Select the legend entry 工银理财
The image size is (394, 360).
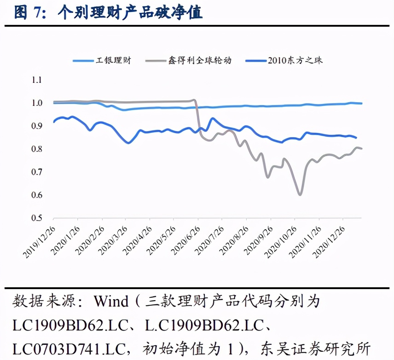click(x=113, y=60)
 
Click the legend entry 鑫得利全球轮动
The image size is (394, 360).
click(x=199, y=60)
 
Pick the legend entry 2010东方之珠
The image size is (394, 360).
click(x=295, y=60)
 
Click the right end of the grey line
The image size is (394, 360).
click(x=361, y=148)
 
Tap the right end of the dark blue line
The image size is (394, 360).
click(x=356, y=138)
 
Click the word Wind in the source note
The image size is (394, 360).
click(x=111, y=302)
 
